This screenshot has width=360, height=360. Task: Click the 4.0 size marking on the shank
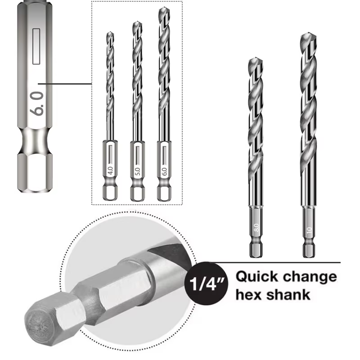[110, 171]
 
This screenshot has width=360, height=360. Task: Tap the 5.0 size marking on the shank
[137, 171]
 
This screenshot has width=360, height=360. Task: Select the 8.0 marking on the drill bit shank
[256, 228]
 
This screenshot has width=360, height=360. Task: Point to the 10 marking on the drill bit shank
[309, 230]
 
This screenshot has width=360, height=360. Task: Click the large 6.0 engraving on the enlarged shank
[37, 103]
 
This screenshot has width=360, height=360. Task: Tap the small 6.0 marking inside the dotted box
[164, 171]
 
